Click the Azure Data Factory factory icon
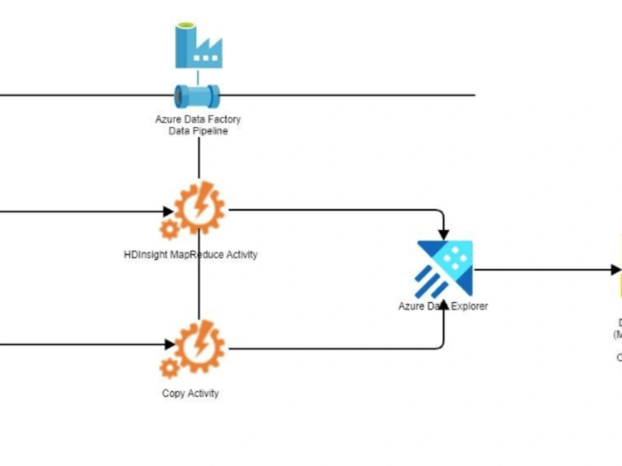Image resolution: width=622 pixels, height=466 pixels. (x=198, y=46)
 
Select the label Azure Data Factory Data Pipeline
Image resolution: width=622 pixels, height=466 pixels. (x=198, y=125)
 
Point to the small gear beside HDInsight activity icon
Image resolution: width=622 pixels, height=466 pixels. (x=169, y=229)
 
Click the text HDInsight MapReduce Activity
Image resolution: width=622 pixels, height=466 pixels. (x=190, y=255)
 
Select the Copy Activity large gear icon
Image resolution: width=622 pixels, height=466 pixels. (x=199, y=345)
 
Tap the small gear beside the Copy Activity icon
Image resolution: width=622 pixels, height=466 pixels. (x=169, y=367)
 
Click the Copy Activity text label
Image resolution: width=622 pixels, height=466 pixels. (x=190, y=393)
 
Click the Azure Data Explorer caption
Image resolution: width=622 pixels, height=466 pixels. (x=443, y=306)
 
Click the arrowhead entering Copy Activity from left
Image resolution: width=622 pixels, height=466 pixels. (x=169, y=344)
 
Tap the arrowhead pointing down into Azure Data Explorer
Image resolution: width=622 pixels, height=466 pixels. (x=443, y=235)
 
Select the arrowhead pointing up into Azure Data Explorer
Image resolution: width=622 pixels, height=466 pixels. (x=443, y=303)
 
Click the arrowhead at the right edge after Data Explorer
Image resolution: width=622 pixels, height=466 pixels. (x=615, y=270)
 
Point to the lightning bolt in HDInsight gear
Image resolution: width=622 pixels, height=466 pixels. (x=201, y=202)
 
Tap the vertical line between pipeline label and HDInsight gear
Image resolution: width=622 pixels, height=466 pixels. (x=198, y=158)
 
